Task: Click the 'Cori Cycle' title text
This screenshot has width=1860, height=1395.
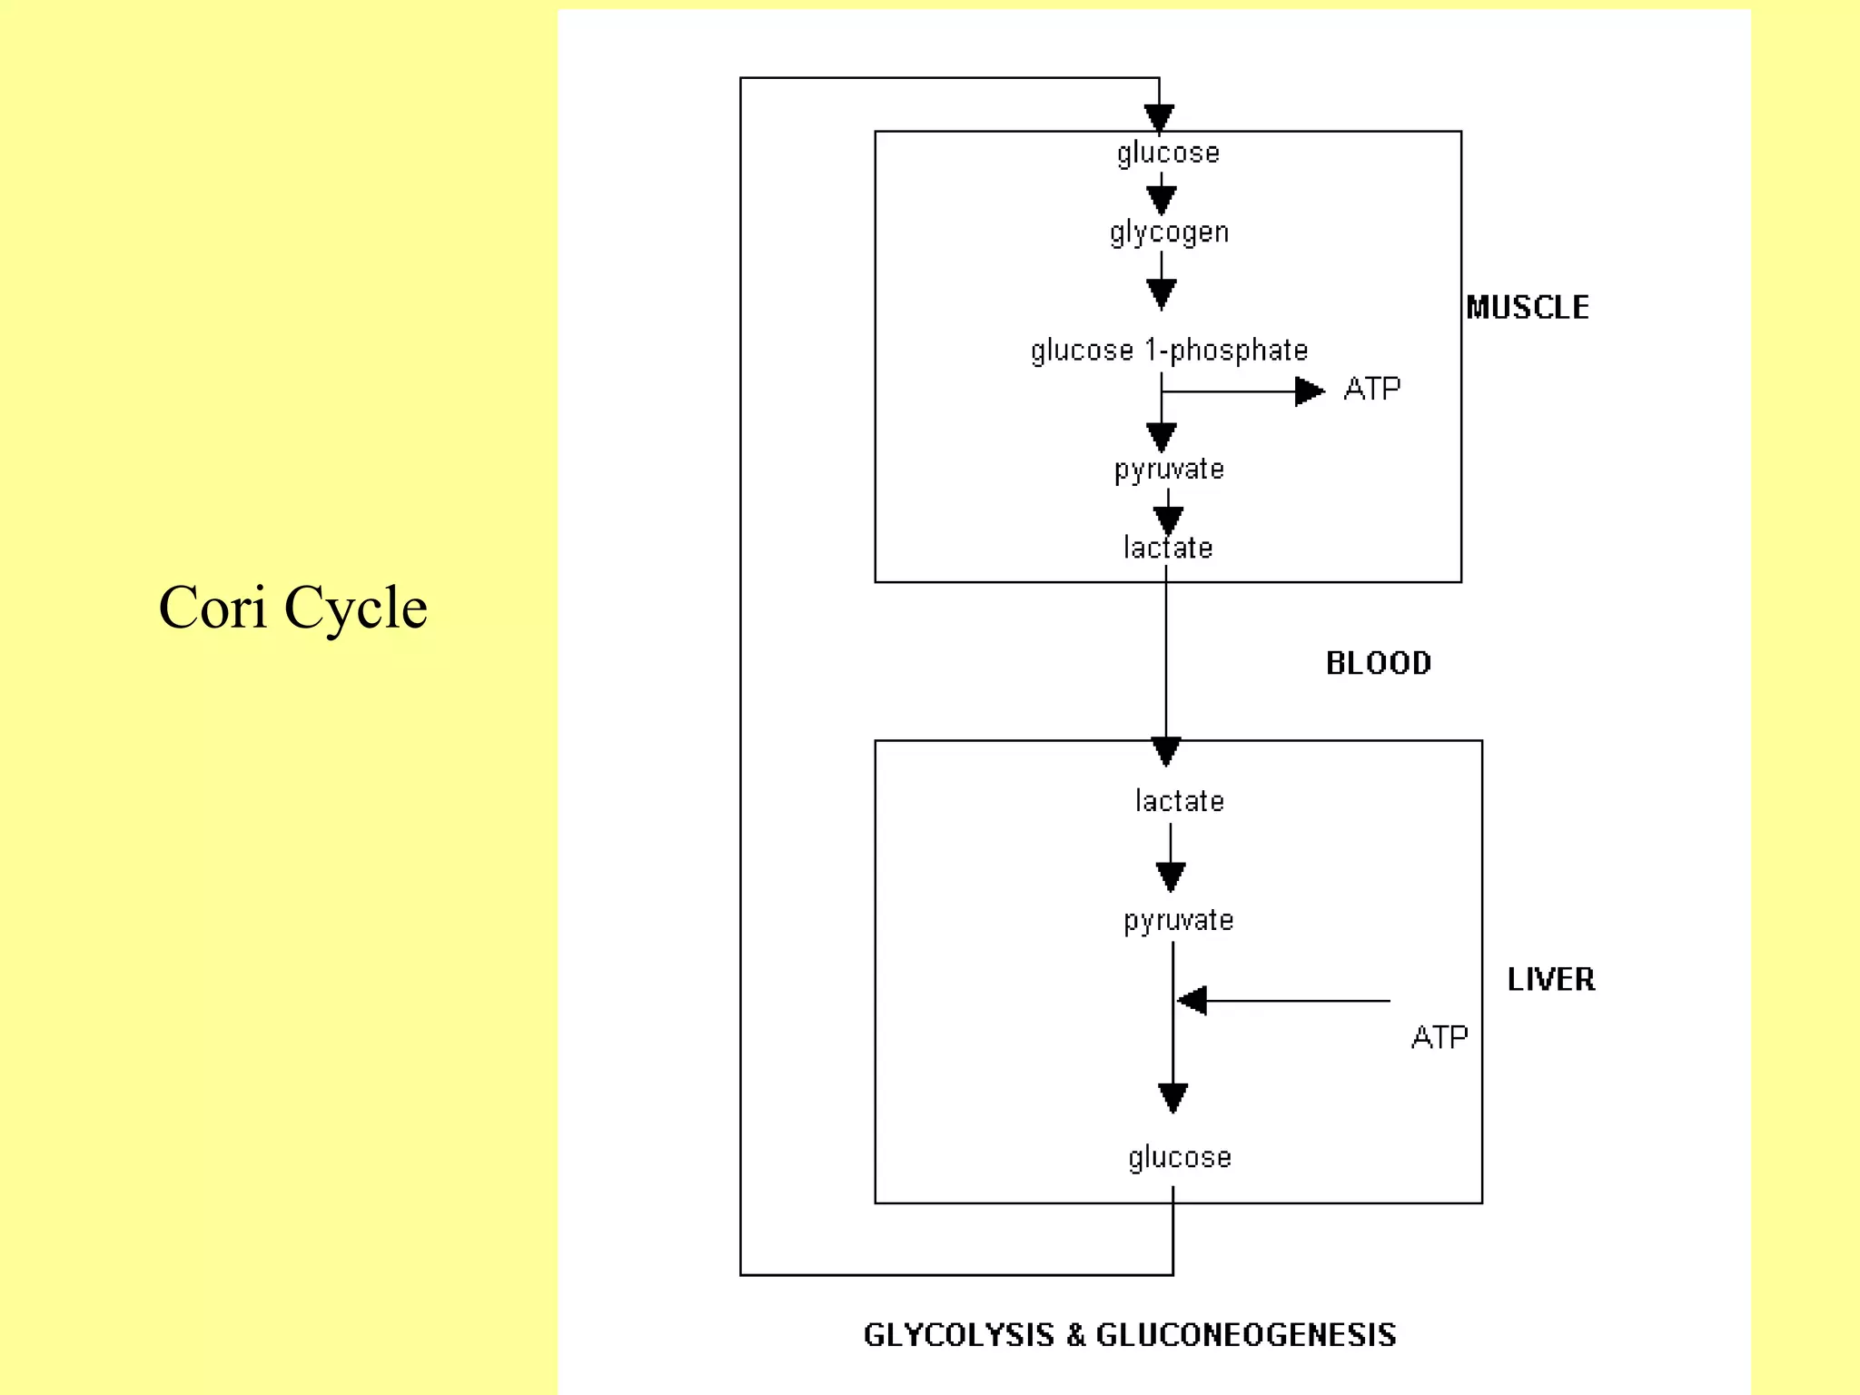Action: tap(292, 607)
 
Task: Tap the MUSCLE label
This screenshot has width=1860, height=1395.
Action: tap(1528, 308)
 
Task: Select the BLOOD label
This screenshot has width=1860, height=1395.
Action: tap(1379, 663)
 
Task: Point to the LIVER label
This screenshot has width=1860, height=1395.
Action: tap(1551, 979)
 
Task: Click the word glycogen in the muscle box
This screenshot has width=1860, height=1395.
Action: tap(1169, 232)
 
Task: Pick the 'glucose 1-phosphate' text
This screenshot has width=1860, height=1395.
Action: tap(1169, 350)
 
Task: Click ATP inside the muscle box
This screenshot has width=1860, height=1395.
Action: tap(1371, 389)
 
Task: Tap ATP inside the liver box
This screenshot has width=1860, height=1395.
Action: tap(1440, 1036)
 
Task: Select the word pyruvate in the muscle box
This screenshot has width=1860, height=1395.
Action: tap(1169, 470)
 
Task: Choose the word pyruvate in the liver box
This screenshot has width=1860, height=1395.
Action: tap(1178, 920)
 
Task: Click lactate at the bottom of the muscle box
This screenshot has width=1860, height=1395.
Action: tap(1168, 548)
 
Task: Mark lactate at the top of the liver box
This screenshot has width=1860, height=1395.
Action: tap(1179, 801)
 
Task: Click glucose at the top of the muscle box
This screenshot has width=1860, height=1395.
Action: tap(1168, 153)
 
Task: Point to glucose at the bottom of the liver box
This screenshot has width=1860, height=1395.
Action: tap(1180, 1157)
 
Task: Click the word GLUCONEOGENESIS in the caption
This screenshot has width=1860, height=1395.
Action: tap(1246, 1335)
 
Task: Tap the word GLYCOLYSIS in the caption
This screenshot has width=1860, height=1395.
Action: tap(959, 1335)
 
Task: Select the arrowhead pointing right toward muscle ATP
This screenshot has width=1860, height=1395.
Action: tap(1309, 391)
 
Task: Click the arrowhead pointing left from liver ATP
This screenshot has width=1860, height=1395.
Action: tap(1192, 1001)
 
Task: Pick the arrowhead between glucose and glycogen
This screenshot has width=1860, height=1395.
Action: tap(1162, 199)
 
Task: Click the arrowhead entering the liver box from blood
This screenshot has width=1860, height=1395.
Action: tap(1166, 751)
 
